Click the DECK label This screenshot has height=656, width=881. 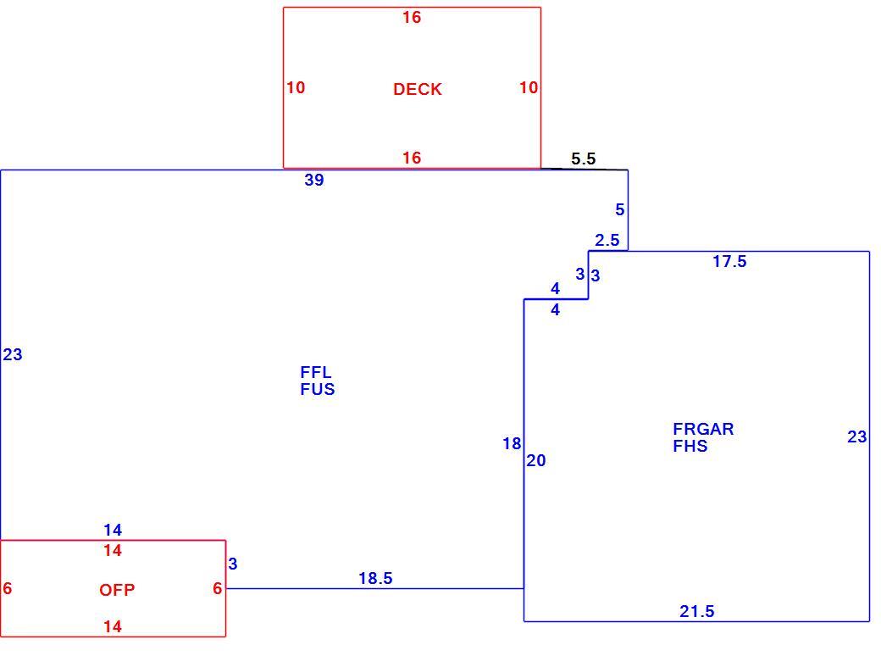pyautogui.click(x=418, y=89)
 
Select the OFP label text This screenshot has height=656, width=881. pyautogui.click(x=117, y=590)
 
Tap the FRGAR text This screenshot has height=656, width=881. pyautogui.click(x=703, y=429)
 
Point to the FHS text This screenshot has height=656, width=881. pyautogui.click(x=690, y=446)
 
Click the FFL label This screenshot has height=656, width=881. pyautogui.click(x=316, y=372)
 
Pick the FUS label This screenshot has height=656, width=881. pyautogui.click(x=318, y=389)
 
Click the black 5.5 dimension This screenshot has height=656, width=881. pyautogui.click(x=583, y=159)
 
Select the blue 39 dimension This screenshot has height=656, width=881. pyautogui.click(x=314, y=180)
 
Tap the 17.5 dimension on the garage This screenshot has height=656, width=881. pyautogui.click(x=730, y=261)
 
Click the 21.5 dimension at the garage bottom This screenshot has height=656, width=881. pyautogui.click(x=696, y=611)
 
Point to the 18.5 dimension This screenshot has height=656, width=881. pyautogui.click(x=375, y=578)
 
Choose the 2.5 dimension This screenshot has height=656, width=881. pyautogui.click(x=607, y=241)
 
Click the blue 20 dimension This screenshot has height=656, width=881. pyautogui.click(x=536, y=460)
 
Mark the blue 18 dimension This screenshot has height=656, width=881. pyautogui.click(x=512, y=444)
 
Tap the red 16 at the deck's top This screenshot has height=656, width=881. pyautogui.click(x=412, y=18)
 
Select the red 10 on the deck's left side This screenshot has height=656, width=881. pyautogui.click(x=296, y=87)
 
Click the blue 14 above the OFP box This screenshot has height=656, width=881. pyautogui.click(x=113, y=530)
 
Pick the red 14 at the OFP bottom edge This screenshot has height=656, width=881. pyautogui.click(x=113, y=627)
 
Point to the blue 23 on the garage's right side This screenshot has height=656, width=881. pyautogui.click(x=856, y=436)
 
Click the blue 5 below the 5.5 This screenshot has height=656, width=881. pyautogui.click(x=620, y=209)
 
